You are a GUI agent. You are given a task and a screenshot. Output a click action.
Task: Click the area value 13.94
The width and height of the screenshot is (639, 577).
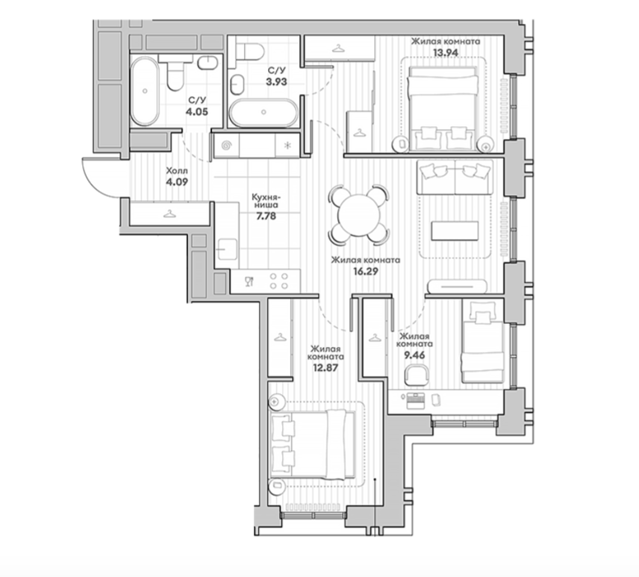445,52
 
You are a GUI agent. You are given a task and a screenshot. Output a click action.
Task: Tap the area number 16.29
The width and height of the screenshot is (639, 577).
365,271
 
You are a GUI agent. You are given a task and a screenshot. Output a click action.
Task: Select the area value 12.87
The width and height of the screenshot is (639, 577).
325,368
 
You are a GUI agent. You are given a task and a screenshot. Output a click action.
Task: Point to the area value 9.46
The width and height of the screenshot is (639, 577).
414,355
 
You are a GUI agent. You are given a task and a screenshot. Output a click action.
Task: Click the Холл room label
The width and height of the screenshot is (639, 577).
177,171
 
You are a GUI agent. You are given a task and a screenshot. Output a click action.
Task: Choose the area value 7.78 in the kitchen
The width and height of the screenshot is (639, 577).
265,216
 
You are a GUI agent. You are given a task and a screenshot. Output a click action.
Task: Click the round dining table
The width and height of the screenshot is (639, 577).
359,215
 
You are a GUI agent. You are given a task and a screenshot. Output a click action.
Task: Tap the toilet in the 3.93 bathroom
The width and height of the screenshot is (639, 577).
250,51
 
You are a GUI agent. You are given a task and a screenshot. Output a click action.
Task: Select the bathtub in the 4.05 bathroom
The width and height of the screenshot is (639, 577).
144,91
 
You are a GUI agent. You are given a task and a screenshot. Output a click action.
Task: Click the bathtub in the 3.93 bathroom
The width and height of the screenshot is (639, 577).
264,112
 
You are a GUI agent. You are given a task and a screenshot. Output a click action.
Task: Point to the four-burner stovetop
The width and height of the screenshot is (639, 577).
279,281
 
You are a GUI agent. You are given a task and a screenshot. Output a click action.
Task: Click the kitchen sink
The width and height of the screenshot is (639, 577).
227,249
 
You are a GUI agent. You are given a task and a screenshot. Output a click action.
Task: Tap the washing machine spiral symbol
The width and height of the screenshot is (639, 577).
226,145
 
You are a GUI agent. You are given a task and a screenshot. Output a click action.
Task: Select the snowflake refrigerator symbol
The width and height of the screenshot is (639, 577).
287,145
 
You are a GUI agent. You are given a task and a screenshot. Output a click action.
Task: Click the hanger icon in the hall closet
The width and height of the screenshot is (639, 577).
170,213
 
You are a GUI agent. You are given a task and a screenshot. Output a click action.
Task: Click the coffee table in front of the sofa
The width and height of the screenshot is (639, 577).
455,231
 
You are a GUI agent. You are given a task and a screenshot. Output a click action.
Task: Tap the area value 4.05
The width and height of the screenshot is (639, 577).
197,111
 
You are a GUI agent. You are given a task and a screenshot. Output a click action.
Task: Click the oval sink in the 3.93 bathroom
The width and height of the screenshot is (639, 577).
237,85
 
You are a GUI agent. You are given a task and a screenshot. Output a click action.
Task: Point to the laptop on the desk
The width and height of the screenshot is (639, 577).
416,401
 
